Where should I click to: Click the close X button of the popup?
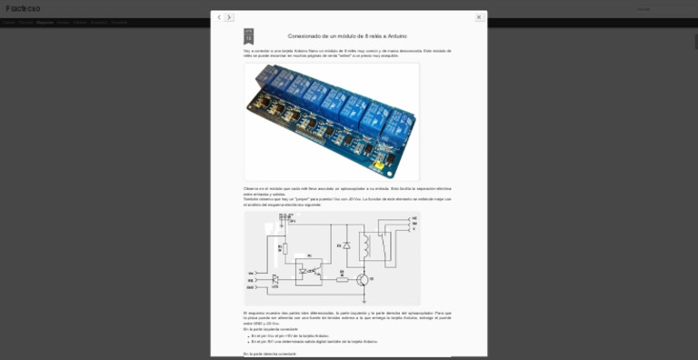(479, 17)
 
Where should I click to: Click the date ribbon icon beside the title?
(248, 36)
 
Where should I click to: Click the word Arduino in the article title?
(396, 36)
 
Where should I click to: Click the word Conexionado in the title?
(307, 36)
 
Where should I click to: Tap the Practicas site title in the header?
(23, 8)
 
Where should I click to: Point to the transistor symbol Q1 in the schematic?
(361, 278)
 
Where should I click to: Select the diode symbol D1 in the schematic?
(346, 245)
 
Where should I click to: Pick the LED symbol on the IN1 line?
(275, 279)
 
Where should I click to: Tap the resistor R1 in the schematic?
(284, 247)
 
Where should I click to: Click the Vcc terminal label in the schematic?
(251, 273)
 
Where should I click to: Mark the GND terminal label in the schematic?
(251, 287)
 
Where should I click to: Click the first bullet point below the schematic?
(252, 335)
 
